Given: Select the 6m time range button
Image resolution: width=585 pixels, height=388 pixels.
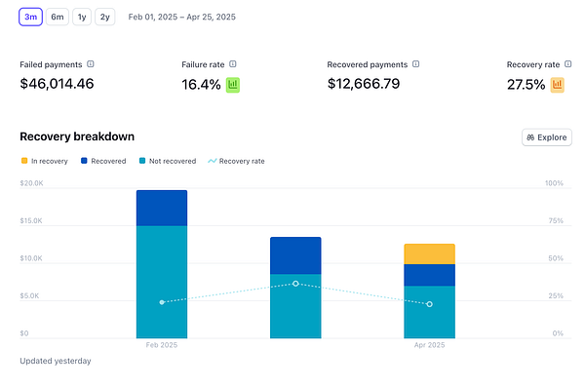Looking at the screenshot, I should pos(58,17).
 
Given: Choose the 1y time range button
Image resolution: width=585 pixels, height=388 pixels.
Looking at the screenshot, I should pos(82,17).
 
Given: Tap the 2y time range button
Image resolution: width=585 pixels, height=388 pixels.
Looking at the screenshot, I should pos(104,17).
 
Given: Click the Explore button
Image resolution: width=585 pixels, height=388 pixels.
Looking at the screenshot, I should pos(546,137).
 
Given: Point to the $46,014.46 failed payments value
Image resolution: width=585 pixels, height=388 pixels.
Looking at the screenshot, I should pos(57,84).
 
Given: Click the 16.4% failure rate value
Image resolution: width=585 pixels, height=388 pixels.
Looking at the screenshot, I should pos(201,85).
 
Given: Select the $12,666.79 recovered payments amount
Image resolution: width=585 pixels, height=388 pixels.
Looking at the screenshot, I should pos(363,84).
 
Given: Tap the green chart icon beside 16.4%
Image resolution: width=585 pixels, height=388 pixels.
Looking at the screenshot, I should pos(233,85).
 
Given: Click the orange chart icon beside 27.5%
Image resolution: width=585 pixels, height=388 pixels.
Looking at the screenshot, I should pos(558,85).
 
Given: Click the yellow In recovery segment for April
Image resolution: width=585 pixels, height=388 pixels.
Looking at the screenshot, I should pos(429,253).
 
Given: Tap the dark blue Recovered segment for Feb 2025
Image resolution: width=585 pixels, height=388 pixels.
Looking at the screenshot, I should pos(162,208).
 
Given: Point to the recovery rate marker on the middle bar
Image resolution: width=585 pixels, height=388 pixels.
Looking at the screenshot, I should pos(295,284).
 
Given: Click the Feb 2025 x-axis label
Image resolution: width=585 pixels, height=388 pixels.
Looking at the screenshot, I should pos(162,345).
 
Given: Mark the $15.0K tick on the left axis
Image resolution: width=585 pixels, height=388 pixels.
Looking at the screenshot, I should pos(32,221).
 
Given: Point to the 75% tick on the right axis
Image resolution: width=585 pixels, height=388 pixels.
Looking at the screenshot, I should pos(554,221).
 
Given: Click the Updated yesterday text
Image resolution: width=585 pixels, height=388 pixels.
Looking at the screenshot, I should pos(56,361).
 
